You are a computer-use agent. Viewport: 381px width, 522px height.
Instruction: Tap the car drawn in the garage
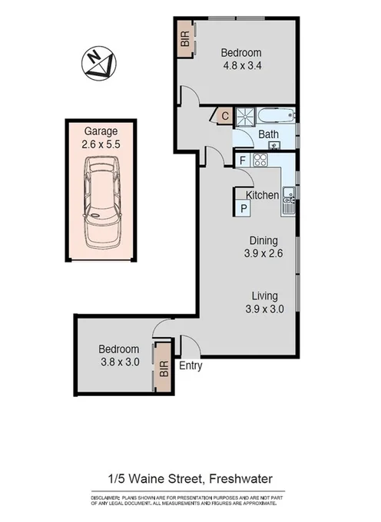[102, 200]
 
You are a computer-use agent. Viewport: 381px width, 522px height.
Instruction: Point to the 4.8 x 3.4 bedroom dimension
[240, 65]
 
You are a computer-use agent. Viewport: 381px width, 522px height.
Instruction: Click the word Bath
[268, 135]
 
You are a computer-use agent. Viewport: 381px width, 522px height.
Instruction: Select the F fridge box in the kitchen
[242, 160]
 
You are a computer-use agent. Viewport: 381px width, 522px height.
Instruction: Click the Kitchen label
[262, 196]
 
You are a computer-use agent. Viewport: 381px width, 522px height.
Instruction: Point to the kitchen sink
[289, 202]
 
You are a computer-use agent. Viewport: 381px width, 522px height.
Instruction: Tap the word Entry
[190, 366]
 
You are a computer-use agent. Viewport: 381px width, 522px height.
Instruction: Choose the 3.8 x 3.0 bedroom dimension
[119, 362]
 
